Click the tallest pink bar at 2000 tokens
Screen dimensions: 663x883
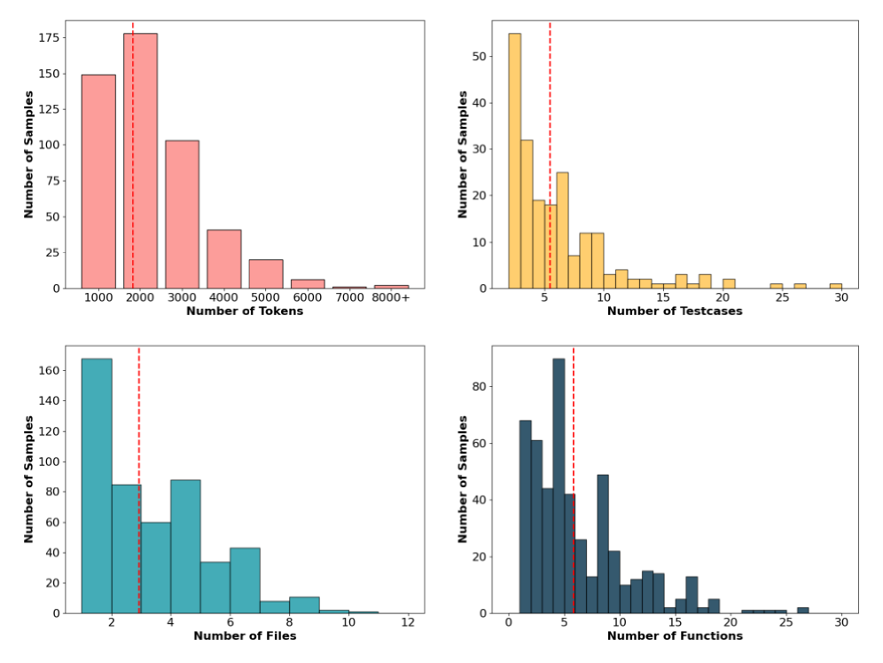[x=140, y=161]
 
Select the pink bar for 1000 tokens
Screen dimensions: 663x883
[x=98, y=181]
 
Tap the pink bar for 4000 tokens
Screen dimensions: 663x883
[x=224, y=258]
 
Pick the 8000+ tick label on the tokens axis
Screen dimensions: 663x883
[x=391, y=298]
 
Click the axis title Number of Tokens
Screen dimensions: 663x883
[x=245, y=312]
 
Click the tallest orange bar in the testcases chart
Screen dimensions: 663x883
[x=514, y=161]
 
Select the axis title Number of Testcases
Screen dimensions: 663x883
[x=675, y=312]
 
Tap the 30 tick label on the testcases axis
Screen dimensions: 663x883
[x=840, y=298]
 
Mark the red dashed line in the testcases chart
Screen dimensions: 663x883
[x=550, y=133]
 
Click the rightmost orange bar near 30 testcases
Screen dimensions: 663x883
[x=835, y=286]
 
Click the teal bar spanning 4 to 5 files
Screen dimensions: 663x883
[x=185, y=546]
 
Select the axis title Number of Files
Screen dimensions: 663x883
[x=245, y=635]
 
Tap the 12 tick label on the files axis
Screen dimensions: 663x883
[x=407, y=623]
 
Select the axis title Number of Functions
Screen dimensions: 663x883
[x=675, y=635]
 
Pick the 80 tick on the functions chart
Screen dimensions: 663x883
[x=487, y=387]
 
